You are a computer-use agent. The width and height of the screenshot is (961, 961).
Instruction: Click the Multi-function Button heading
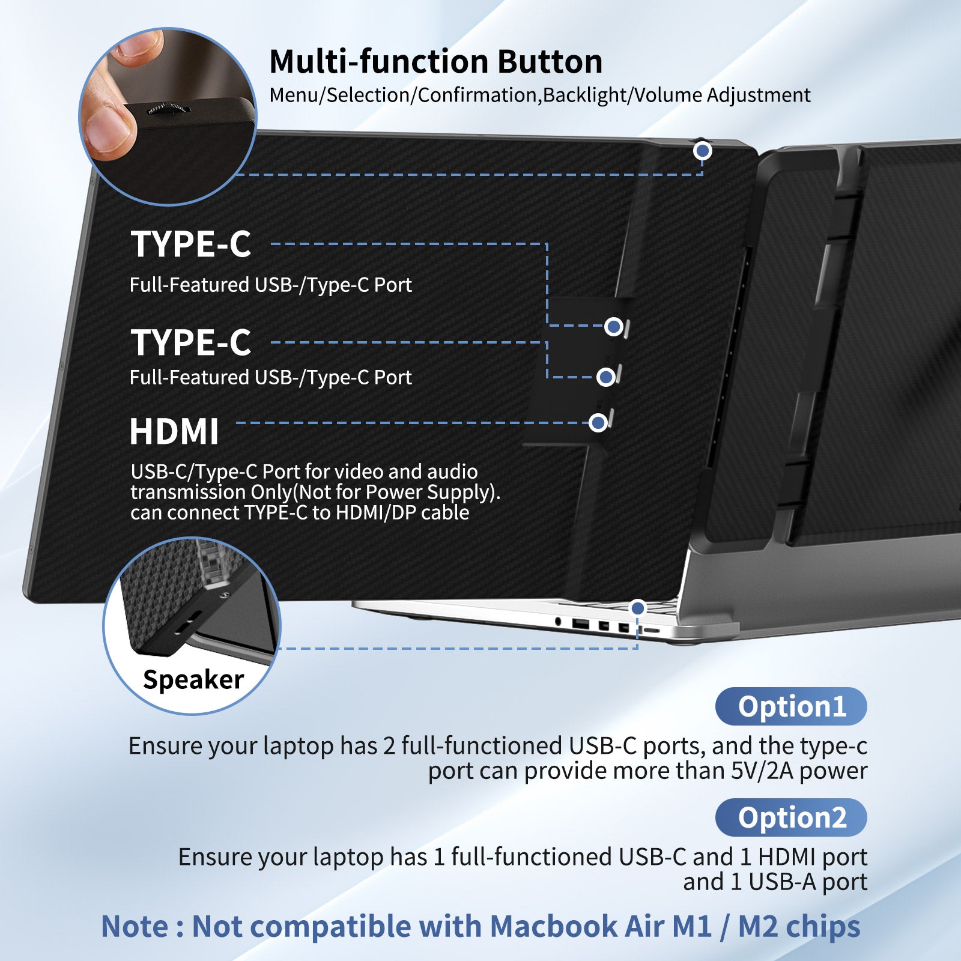point(436,62)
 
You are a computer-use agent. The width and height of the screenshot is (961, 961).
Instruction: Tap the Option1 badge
point(791,706)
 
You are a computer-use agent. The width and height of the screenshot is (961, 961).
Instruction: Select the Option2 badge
point(791,817)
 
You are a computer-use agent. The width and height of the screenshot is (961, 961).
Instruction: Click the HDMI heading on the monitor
point(174,432)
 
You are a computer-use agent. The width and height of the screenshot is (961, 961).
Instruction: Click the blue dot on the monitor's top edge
point(702,151)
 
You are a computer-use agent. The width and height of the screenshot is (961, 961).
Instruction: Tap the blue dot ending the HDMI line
point(598,423)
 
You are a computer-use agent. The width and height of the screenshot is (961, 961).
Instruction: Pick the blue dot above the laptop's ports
point(638,608)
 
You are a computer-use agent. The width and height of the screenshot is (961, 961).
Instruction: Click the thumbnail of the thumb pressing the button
point(168,116)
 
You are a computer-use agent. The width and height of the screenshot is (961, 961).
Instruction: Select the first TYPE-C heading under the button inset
point(191,244)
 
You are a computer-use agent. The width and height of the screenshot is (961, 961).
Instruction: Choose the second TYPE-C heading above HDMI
point(191,343)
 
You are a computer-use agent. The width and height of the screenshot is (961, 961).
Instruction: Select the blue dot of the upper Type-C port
point(613,326)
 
